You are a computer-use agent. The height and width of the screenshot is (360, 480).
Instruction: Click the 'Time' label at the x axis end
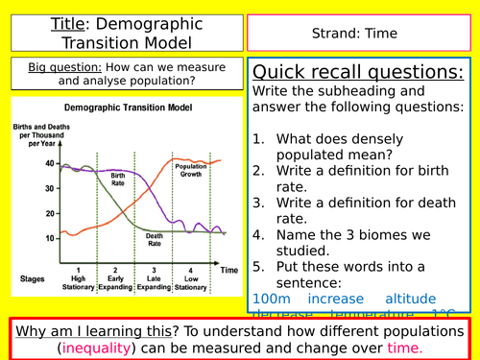click(227, 272)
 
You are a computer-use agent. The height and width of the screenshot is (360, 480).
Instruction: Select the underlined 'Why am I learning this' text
click(92, 331)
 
